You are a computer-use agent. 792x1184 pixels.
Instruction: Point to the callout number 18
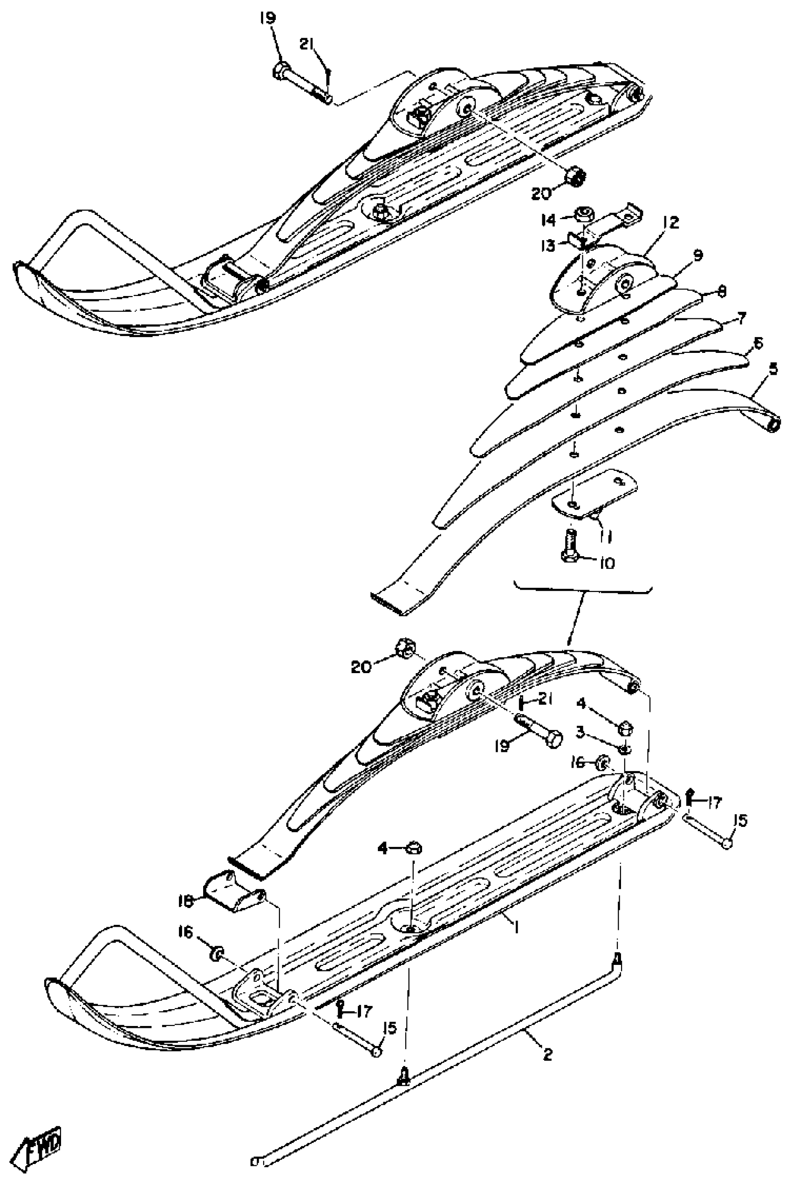coord(185,900)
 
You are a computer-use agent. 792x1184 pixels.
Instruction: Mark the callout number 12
coord(672,222)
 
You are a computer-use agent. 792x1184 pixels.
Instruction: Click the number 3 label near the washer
coord(580,731)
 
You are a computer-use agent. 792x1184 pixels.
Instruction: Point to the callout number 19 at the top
coord(268,19)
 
